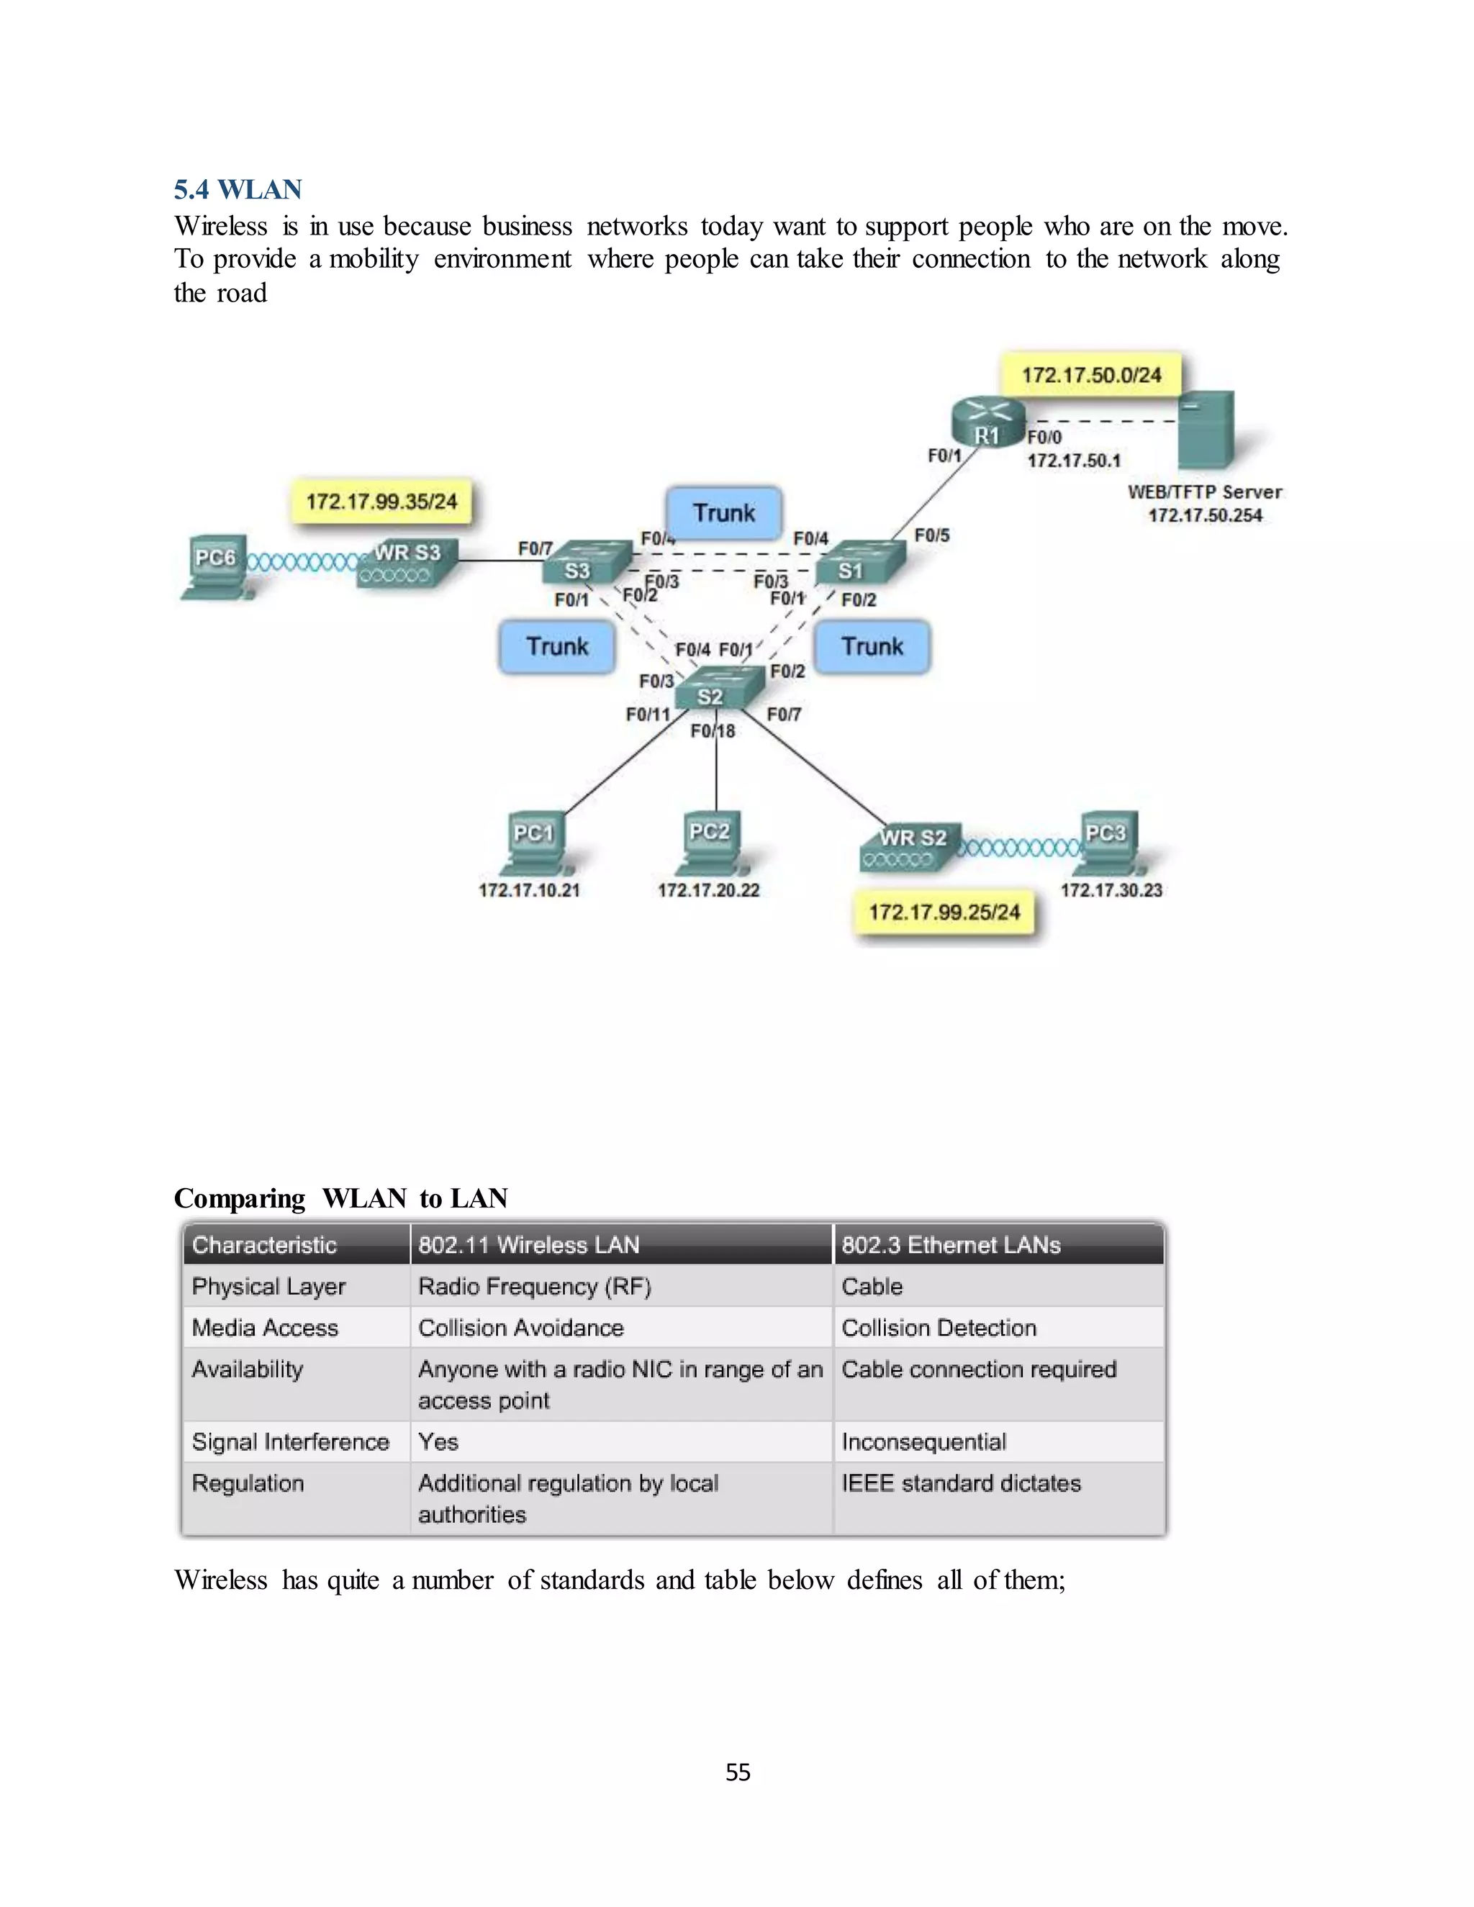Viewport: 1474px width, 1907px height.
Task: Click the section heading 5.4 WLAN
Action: (x=238, y=189)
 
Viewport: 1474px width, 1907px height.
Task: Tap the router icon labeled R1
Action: (x=987, y=422)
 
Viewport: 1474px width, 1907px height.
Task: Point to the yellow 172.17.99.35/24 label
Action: (x=381, y=501)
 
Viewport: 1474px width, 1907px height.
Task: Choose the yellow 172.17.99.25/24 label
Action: (x=944, y=912)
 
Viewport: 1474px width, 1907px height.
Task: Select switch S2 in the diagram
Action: (x=712, y=690)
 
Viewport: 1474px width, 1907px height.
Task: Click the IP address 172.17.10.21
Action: (x=529, y=891)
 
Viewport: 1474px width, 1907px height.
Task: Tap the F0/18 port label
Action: (x=713, y=731)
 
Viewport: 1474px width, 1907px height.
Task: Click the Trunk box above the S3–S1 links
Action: (x=723, y=512)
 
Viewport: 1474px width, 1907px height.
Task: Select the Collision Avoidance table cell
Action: (x=521, y=1328)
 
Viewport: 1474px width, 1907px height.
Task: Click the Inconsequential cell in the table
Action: (x=924, y=1441)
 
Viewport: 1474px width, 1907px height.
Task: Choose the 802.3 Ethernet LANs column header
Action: (x=951, y=1245)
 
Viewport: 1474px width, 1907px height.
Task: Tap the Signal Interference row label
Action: (x=291, y=1441)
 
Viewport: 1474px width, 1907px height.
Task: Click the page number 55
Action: (x=738, y=1772)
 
